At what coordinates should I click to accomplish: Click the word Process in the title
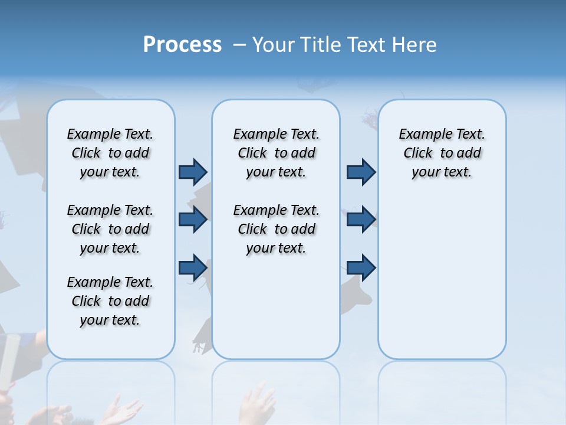(182, 45)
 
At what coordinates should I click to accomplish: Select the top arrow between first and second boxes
(193, 172)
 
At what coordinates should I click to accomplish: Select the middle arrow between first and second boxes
(193, 220)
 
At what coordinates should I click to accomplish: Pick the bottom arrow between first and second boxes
(193, 267)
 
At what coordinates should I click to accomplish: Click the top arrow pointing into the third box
(361, 172)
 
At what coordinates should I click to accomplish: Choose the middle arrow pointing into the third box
(361, 220)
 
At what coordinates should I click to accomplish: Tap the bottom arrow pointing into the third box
(361, 267)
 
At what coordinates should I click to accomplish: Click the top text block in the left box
(110, 153)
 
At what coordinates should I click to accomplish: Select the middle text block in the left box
(110, 229)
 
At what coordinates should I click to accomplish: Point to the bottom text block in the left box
(110, 301)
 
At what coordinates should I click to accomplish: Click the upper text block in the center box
(276, 153)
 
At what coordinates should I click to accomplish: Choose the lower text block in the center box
(276, 229)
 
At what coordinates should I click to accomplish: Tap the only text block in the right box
(442, 153)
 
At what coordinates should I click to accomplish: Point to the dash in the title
(239, 45)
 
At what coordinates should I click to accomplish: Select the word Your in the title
(274, 45)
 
